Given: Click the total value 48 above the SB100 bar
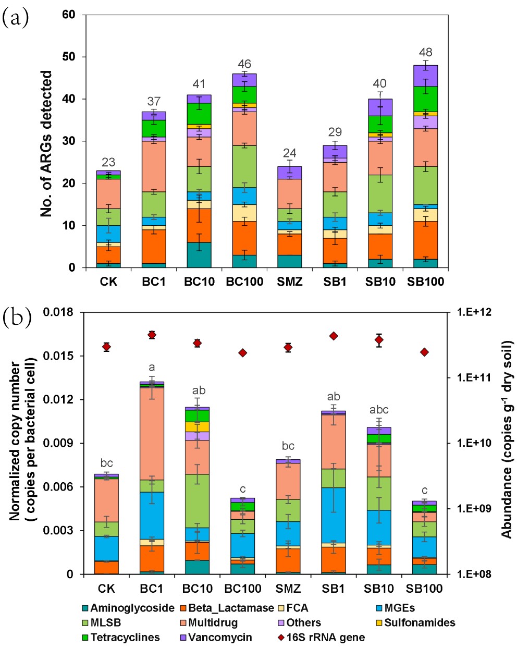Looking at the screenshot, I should tap(425, 53).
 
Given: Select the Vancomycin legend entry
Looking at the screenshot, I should tap(219, 637).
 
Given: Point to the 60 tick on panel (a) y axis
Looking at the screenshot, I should tap(69, 15).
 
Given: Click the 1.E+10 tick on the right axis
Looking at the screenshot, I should tap(473, 443).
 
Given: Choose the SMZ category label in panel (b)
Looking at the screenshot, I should tap(288, 589).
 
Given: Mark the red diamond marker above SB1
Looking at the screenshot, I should tap(334, 336).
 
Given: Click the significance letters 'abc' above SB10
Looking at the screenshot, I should tap(379, 410).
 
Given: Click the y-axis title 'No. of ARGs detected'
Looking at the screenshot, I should tap(47, 143).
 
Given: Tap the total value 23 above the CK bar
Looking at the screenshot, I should tap(108, 162).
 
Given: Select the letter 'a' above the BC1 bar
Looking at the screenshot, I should tap(152, 367).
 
